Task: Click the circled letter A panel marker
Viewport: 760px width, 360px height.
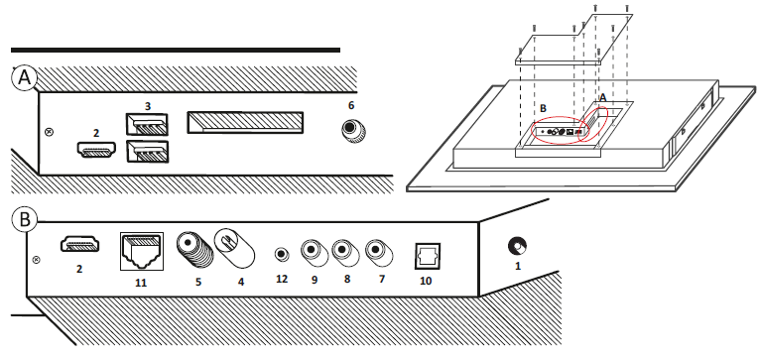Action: [23, 78]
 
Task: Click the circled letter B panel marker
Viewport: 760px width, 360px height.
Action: [24, 219]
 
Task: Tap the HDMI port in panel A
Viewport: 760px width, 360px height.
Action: [96, 149]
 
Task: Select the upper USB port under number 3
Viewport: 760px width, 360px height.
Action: [147, 124]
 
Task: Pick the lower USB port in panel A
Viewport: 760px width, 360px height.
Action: [147, 151]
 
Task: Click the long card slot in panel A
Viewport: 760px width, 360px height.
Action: [245, 122]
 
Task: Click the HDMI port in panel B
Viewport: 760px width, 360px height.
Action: [80, 243]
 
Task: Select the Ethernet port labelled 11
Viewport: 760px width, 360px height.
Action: [142, 252]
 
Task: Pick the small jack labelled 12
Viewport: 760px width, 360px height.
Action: [281, 254]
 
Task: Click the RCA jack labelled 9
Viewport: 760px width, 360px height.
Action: [315, 252]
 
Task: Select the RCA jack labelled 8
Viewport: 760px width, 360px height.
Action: [345, 252]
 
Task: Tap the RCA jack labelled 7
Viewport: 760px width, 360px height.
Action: [379, 252]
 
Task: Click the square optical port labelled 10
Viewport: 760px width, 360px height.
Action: [427, 255]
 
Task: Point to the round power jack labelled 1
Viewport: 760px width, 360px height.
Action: [517, 246]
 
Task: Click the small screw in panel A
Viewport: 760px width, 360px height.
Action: [49, 132]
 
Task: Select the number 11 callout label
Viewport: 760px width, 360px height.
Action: [141, 283]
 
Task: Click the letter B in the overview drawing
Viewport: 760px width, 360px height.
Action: [543, 108]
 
